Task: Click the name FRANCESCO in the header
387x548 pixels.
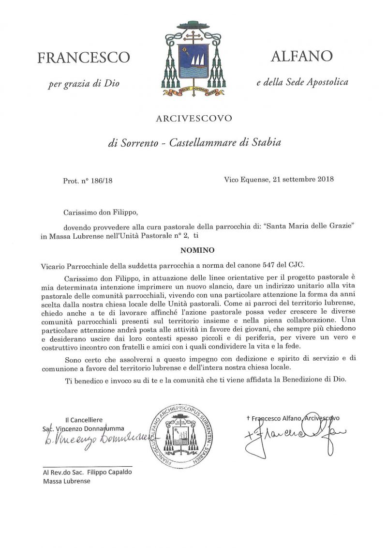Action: [84, 58]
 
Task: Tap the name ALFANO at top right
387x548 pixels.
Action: [301, 56]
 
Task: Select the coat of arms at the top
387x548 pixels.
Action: [193, 59]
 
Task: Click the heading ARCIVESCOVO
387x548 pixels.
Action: [193, 118]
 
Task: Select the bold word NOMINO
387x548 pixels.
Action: [193, 251]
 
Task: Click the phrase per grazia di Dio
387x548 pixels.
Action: [83, 84]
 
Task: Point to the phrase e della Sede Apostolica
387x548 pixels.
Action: [302, 82]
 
